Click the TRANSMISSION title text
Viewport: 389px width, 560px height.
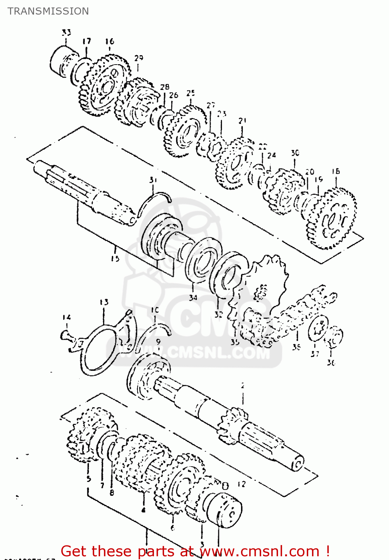(48, 11)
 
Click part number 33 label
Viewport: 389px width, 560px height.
(66, 32)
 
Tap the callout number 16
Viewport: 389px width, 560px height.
(109, 41)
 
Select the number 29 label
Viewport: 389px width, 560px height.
(139, 58)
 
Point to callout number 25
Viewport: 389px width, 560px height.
(191, 93)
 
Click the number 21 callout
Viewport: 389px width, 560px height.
(243, 121)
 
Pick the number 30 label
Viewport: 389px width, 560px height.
(295, 153)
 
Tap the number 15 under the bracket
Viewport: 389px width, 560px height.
(115, 258)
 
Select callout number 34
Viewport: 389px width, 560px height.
(193, 298)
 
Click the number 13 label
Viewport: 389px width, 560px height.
(104, 302)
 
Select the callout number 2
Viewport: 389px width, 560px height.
(243, 386)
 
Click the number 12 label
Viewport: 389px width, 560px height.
(241, 484)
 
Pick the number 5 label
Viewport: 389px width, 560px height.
(89, 478)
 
